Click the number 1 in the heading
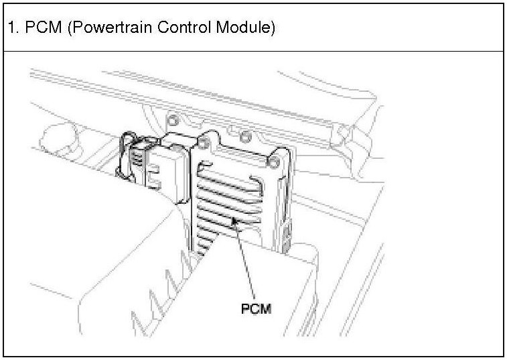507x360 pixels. coord(12,29)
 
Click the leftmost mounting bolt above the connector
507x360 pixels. coord(173,121)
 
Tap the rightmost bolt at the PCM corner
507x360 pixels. coord(273,162)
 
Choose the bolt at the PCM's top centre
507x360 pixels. coord(246,138)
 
